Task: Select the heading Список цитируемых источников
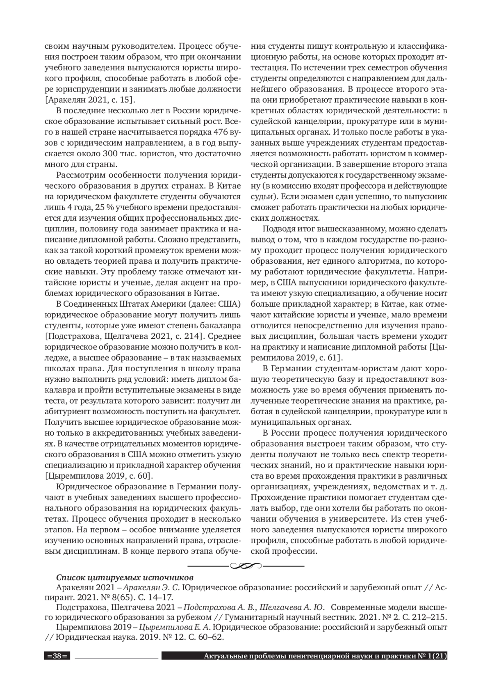[121, 578]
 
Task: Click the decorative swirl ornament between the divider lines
[246, 566]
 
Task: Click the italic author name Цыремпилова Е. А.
[175, 627]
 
